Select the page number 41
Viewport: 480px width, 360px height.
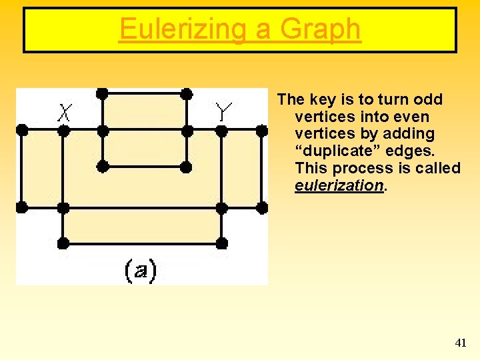click(x=460, y=343)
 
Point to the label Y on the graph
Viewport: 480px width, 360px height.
click(x=223, y=111)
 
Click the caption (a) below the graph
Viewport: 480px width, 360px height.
click(x=140, y=270)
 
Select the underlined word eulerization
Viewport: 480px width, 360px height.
click(x=339, y=186)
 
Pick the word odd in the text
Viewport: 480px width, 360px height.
click(x=428, y=99)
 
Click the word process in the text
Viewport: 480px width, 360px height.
click(x=369, y=169)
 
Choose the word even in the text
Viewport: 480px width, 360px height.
click(x=415, y=117)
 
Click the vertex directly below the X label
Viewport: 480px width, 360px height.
click(x=63, y=131)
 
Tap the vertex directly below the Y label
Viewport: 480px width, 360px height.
click(x=222, y=131)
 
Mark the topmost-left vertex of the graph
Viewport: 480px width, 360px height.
click(x=102, y=93)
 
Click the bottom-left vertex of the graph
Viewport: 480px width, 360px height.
click(x=63, y=243)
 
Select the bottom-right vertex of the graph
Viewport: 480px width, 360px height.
click(x=222, y=243)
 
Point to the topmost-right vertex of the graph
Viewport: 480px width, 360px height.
click(x=187, y=93)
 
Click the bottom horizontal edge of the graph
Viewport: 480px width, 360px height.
click(x=143, y=243)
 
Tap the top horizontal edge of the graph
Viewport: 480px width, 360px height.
click(x=144, y=93)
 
